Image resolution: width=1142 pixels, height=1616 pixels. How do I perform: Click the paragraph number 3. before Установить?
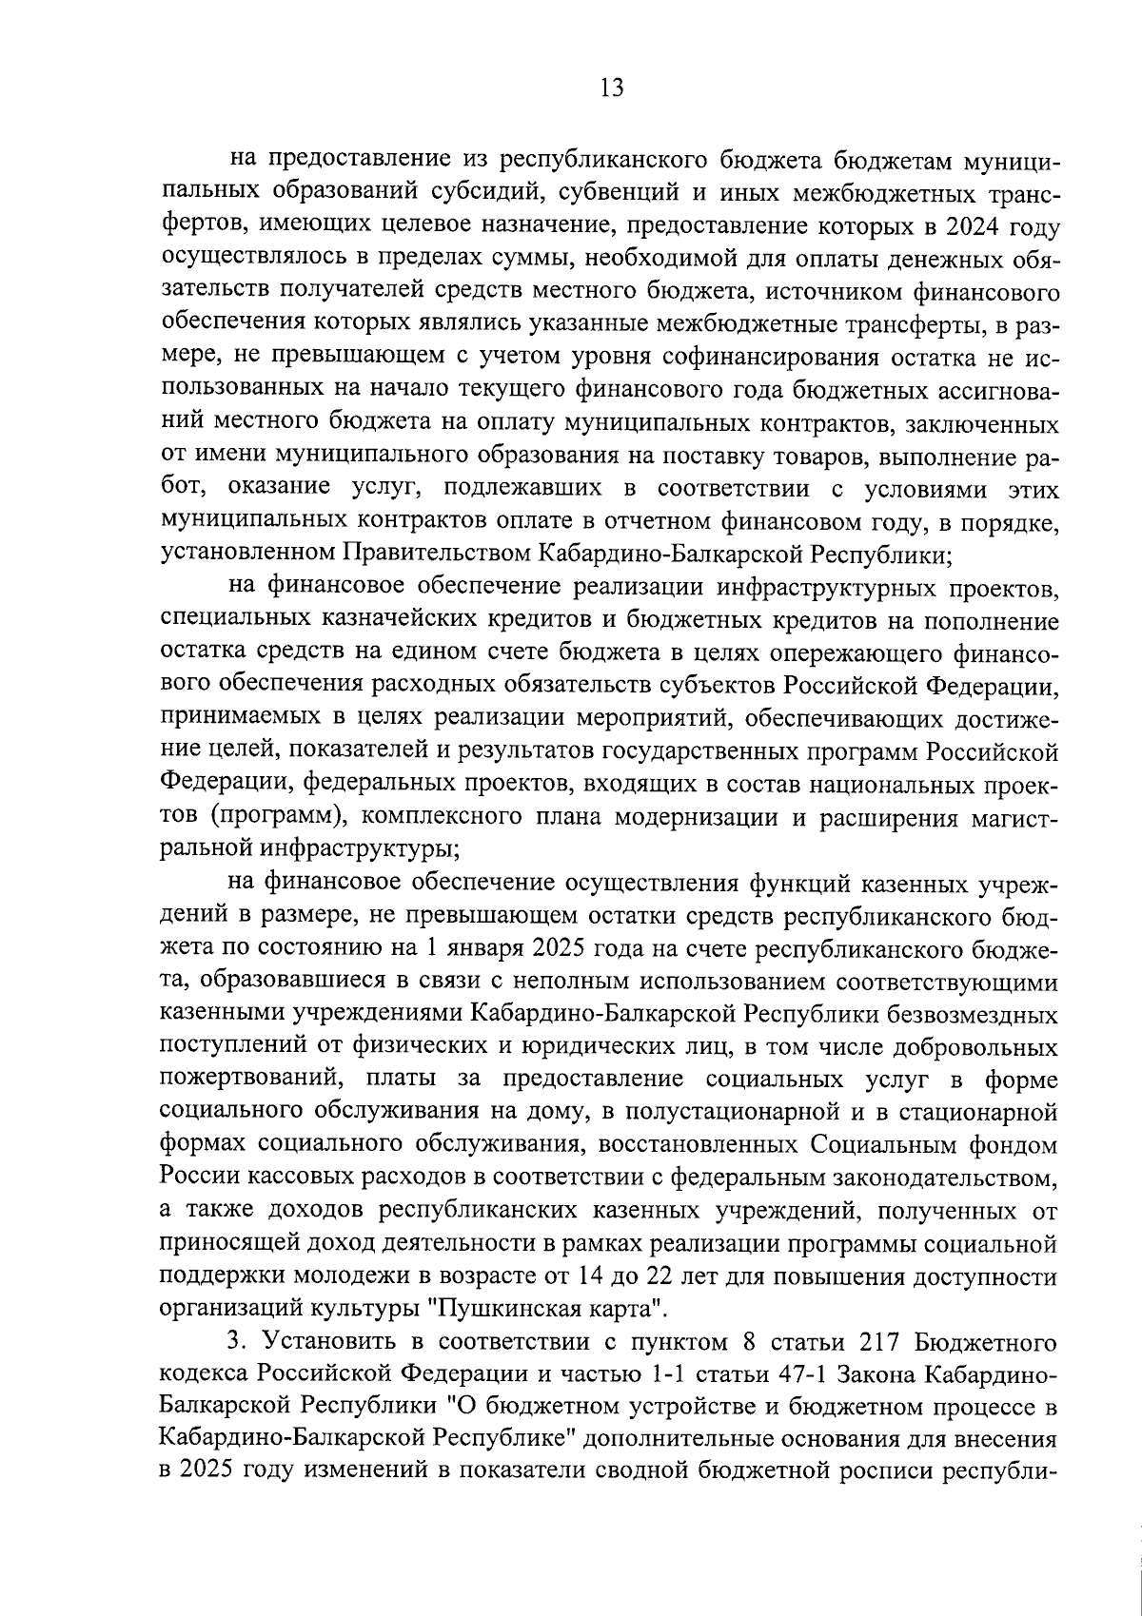tap(237, 1343)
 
